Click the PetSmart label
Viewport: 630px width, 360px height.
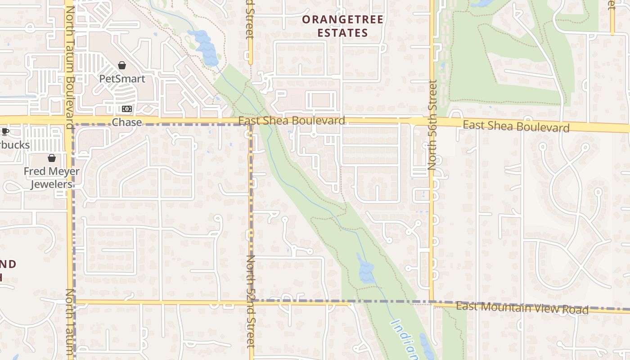coord(122,79)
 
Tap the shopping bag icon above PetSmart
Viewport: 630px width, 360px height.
coord(122,66)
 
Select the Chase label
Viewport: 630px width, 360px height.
coord(126,122)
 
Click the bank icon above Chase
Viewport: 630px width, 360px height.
coord(127,109)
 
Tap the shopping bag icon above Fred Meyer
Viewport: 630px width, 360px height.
coord(52,158)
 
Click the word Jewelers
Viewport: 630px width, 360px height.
coord(51,184)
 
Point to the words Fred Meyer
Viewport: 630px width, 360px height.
coord(51,171)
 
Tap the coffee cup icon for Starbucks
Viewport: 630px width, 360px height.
coord(5,132)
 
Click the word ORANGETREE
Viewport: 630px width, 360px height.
coord(342,20)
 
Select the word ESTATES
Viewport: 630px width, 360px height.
coord(342,33)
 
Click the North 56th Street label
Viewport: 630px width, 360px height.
coord(433,125)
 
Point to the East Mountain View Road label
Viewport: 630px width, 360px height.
coord(522,308)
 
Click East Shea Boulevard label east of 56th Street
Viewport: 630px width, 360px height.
coord(516,126)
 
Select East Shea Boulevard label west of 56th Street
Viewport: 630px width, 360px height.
coord(292,121)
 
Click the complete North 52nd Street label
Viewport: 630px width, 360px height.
coord(251,301)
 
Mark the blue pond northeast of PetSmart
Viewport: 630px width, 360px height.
coord(205,47)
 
